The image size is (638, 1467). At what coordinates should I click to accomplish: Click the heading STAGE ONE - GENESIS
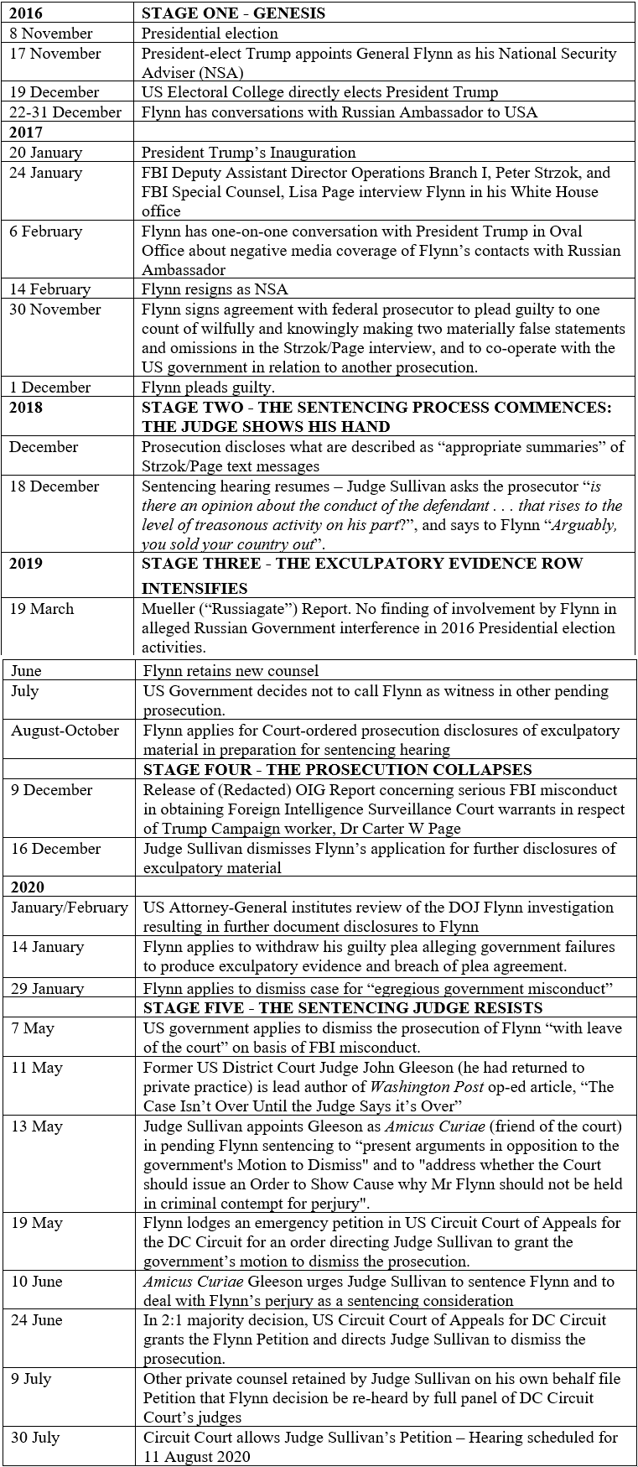coord(233,13)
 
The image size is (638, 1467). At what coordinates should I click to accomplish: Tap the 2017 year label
coord(26,132)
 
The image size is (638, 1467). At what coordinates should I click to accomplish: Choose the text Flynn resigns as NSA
coord(215,289)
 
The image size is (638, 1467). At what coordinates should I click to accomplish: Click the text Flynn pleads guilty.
coord(208,388)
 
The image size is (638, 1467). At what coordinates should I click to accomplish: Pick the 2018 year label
coord(26,408)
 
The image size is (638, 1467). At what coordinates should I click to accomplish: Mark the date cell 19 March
coord(42,609)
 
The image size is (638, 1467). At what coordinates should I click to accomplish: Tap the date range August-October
coord(65,731)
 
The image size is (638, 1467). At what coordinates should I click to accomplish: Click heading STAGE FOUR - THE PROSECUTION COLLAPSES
coord(338,770)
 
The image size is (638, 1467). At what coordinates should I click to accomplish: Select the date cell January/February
coord(70,908)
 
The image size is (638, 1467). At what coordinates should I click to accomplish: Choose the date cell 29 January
coord(48,988)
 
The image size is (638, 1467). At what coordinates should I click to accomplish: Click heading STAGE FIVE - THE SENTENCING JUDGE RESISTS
coord(343,1008)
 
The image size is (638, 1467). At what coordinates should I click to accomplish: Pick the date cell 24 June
coord(37,1320)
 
